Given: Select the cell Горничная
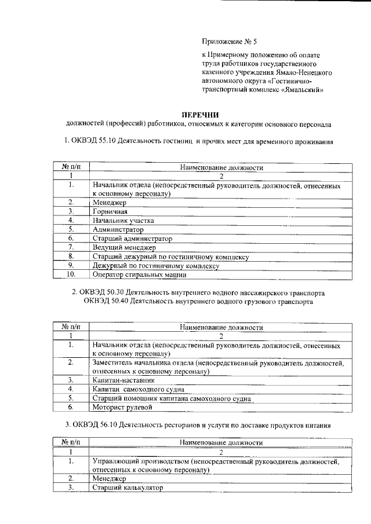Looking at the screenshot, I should pos(111,211).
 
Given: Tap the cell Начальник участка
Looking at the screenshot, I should pos(122,221).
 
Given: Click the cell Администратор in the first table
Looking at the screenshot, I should pos(118,229).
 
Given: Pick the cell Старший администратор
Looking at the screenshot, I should pos(132,239).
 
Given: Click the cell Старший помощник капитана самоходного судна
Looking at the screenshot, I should pos(172,398).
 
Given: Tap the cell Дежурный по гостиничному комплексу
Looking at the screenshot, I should pos(156,265).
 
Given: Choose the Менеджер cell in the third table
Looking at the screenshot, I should pos(111,479).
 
